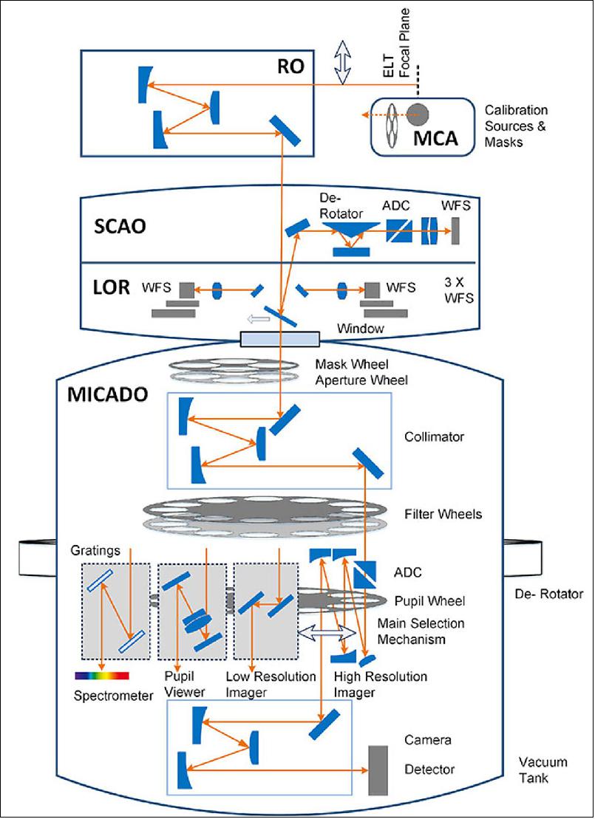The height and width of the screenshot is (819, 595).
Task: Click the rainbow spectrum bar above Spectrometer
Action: tap(101, 674)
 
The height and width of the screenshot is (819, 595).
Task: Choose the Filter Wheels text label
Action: tap(438, 513)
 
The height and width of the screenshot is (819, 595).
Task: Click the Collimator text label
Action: tap(435, 436)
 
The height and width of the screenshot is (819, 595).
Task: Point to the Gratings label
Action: tap(92, 552)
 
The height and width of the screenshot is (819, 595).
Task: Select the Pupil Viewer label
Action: tap(180, 683)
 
